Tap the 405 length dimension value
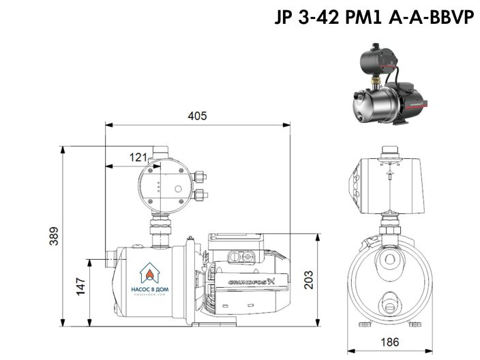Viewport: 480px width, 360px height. point(197,116)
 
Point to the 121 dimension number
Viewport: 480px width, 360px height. point(138,157)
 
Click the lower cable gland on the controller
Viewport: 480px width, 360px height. point(199,196)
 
